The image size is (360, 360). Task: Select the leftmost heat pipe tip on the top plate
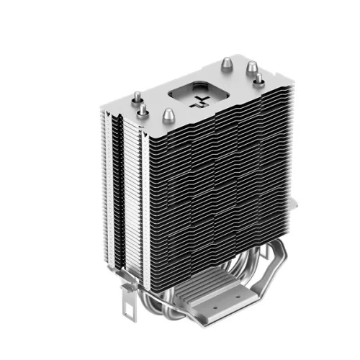point(134,96)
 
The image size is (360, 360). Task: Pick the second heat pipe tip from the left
point(143,109)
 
